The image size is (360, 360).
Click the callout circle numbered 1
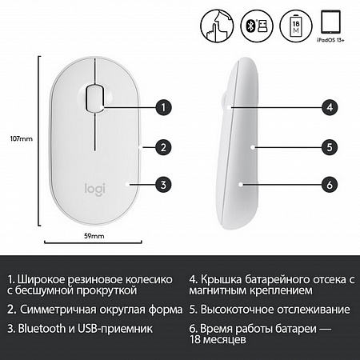click(x=163, y=107)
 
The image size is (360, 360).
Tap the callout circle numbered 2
click(x=163, y=147)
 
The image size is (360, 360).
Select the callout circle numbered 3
click(x=163, y=185)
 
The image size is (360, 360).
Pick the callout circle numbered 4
click(x=330, y=107)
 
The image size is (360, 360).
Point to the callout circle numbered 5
click(x=330, y=147)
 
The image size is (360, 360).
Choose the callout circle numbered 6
click(x=330, y=185)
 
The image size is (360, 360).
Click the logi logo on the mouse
click(x=94, y=190)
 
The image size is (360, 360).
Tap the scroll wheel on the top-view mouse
click(x=94, y=98)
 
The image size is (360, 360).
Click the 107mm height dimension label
click(x=22, y=138)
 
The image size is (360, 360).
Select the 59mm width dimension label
click(x=94, y=236)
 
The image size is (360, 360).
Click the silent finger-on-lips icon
click(x=217, y=26)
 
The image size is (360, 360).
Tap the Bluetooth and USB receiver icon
click(x=257, y=26)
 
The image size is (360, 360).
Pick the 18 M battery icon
click(x=296, y=26)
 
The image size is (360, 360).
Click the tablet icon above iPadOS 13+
click(x=330, y=22)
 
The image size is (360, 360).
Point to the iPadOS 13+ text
click(x=330, y=40)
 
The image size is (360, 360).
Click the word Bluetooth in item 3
click(x=42, y=329)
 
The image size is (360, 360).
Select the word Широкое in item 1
click(x=41, y=279)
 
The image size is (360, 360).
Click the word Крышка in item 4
click(x=221, y=279)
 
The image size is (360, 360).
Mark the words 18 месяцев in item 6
click(x=218, y=340)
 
